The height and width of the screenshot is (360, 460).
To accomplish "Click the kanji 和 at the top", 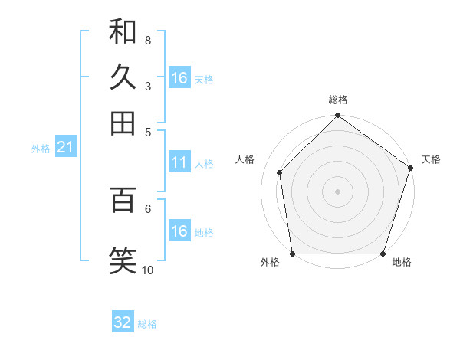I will point(123,31).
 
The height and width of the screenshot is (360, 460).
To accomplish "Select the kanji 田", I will point(123,123).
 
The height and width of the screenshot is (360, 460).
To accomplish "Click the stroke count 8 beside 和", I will point(148,40).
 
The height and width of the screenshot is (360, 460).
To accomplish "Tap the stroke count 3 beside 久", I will point(148,86).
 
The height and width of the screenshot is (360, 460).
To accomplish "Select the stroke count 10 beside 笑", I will point(148,269).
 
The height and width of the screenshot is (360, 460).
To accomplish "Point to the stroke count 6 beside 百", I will point(148,208).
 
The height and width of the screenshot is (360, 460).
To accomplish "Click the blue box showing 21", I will point(65,148).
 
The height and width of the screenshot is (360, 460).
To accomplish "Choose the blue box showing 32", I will point(123,322).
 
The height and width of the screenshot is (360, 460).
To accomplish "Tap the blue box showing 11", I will point(179,162).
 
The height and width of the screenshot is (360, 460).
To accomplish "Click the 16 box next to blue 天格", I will point(179,78).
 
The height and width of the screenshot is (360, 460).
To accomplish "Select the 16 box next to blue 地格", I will point(179,231).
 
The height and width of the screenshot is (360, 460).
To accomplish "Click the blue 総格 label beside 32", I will point(147,324).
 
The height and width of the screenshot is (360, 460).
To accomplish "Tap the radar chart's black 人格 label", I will point(245,159).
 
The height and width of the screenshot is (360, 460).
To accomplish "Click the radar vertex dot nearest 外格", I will point(292,254).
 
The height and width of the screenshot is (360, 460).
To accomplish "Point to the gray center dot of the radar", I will point(337,191).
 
